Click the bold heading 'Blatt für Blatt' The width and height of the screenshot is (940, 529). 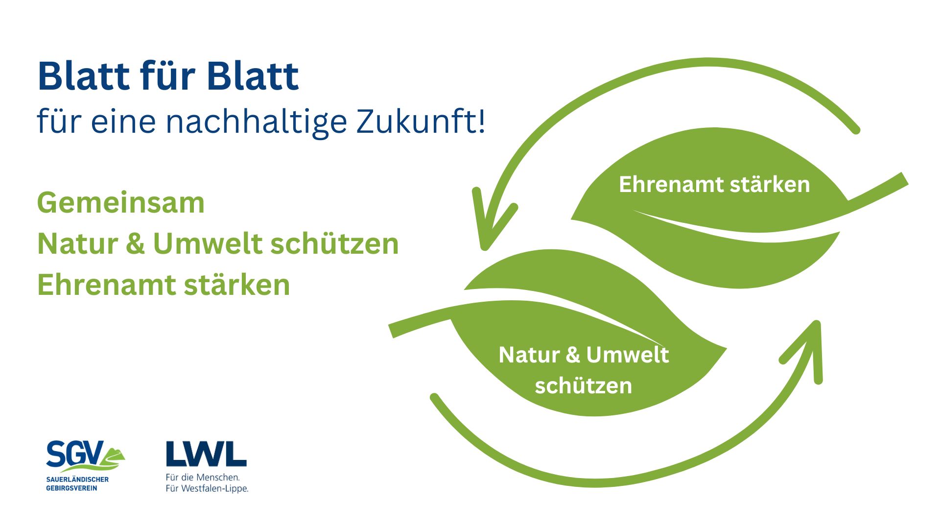point(168,76)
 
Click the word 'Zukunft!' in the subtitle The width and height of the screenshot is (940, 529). point(421,120)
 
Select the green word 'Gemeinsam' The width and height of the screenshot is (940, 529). point(121,203)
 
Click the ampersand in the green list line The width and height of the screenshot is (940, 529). point(135,243)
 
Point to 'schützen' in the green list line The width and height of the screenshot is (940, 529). point(334,243)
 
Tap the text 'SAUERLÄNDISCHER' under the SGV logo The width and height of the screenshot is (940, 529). point(77,480)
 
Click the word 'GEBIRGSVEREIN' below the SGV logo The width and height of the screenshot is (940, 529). point(71,488)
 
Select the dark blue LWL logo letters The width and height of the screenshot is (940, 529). point(206,454)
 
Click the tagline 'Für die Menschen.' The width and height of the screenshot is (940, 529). point(203,477)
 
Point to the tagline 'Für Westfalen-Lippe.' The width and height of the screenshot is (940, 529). point(207,488)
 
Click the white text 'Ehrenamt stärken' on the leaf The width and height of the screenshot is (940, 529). point(714,185)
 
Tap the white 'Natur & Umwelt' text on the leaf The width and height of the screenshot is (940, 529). point(584,355)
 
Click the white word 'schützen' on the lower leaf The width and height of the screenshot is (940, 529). point(584,385)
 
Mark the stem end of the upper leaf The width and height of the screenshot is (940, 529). point(904,179)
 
